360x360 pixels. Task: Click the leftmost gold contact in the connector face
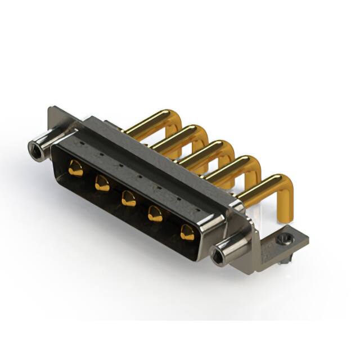pos(75,167)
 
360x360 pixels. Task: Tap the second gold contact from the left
pos(102,183)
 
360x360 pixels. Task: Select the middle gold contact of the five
pos(129,199)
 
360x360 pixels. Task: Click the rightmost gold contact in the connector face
pos(187,231)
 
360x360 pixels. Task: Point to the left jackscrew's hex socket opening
pos(36,148)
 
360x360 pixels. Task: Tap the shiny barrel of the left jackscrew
pos(47,140)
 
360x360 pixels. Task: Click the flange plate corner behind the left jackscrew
pos(53,112)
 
